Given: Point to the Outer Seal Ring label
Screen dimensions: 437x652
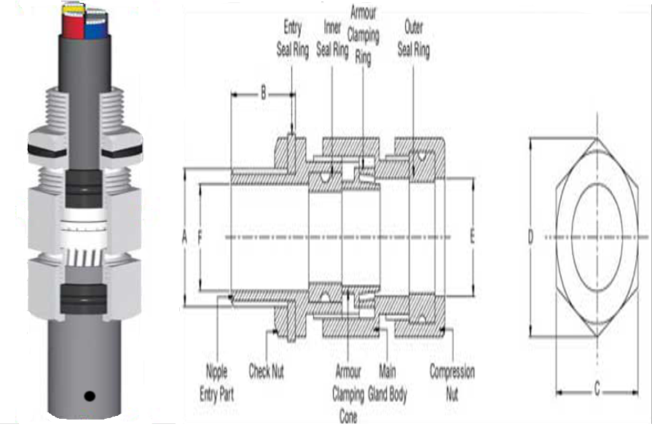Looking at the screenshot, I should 417,39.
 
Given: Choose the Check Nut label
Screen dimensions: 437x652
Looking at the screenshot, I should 266,371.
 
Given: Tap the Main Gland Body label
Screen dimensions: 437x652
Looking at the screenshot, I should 393,383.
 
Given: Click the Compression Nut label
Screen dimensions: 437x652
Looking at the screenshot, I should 452,383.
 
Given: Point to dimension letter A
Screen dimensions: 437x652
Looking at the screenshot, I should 184,237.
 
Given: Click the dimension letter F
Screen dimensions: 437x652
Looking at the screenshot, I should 200,237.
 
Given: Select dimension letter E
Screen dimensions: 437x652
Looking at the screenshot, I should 472,237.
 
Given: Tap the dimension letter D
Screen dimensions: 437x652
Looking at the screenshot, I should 530,237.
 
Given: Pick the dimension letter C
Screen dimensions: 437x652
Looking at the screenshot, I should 597,390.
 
